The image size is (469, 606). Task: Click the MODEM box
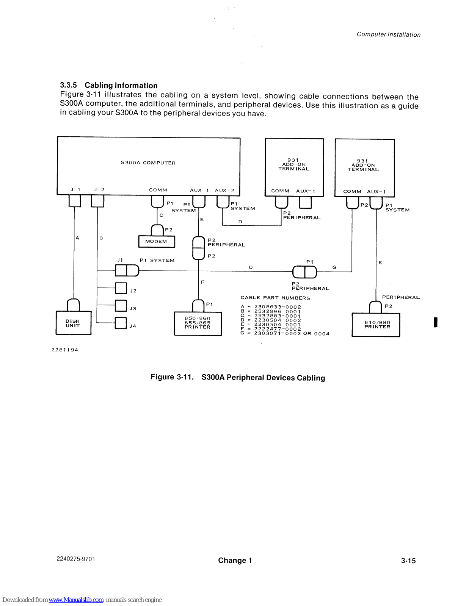pos(157,242)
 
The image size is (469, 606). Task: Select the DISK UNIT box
pos(74,323)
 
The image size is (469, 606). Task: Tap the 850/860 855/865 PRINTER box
pos(198,323)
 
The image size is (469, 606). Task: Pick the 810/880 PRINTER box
pos(376,325)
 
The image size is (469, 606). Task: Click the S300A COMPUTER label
pos(148,163)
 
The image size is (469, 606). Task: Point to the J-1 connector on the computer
pos(75,201)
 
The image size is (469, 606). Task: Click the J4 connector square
pos(121,323)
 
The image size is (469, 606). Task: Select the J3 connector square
pos(121,306)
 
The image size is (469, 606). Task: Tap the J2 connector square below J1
pos(121,288)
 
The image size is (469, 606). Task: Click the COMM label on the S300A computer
pos(158,190)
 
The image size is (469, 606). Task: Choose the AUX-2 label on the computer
pos(224,191)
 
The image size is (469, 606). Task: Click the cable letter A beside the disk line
pos(77,238)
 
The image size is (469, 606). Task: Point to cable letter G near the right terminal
pos(334,267)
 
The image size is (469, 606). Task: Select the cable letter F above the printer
pos(203,282)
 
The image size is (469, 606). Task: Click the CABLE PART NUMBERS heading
pos(275,298)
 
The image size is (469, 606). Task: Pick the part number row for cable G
pos(285,334)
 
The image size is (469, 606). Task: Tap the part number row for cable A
pos(271,307)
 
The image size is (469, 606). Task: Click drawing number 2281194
pos(65,350)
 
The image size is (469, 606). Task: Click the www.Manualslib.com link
pos(76,600)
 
